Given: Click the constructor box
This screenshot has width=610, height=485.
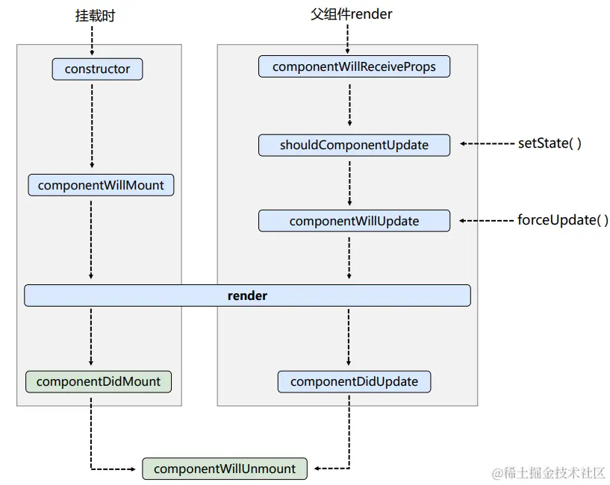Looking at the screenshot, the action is point(97,69).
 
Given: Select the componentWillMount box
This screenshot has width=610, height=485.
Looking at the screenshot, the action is point(101,185).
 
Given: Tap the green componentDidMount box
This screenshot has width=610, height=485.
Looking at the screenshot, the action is point(99,381).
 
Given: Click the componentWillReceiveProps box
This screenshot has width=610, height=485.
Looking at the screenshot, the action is point(354,66).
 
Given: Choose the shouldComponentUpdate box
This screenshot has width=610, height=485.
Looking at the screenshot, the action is point(354,145).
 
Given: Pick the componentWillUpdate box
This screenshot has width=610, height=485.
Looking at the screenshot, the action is point(354,221).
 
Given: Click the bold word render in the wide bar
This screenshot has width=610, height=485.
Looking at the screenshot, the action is point(247,295).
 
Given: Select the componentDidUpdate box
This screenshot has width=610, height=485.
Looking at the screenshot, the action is point(354,381).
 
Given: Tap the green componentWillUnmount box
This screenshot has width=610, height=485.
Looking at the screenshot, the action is point(225,469).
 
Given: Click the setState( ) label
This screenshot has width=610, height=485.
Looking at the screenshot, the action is point(550,143).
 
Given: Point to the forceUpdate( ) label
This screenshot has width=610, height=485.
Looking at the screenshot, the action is point(562,220).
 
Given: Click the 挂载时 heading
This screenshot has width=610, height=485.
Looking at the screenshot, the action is point(96,16).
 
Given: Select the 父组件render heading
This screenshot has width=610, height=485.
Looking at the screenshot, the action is point(352,14).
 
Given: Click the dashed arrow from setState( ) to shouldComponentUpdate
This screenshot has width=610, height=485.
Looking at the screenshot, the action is point(487,143).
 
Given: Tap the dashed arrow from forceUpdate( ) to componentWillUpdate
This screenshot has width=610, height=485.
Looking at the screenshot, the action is point(486,221).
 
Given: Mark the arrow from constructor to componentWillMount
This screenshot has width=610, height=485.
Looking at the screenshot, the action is point(92,126).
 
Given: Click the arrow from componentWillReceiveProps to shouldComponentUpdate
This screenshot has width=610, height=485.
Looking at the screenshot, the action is point(349,105).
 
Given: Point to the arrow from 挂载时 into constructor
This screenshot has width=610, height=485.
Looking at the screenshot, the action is point(92,41).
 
